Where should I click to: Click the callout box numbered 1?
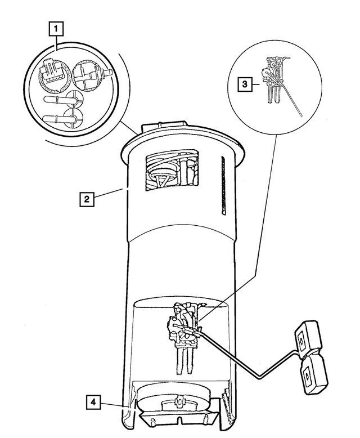click(x=56, y=29)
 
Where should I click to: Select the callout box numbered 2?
click(x=87, y=199)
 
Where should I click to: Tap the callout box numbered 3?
click(x=245, y=84)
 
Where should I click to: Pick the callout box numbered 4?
click(x=93, y=402)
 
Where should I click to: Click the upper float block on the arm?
click(x=308, y=338)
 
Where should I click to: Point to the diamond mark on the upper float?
click(x=301, y=339)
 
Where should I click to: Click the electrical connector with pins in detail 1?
click(x=52, y=73)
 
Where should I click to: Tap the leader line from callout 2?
click(x=108, y=193)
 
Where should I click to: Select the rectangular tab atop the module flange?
click(x=164, y=127)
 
